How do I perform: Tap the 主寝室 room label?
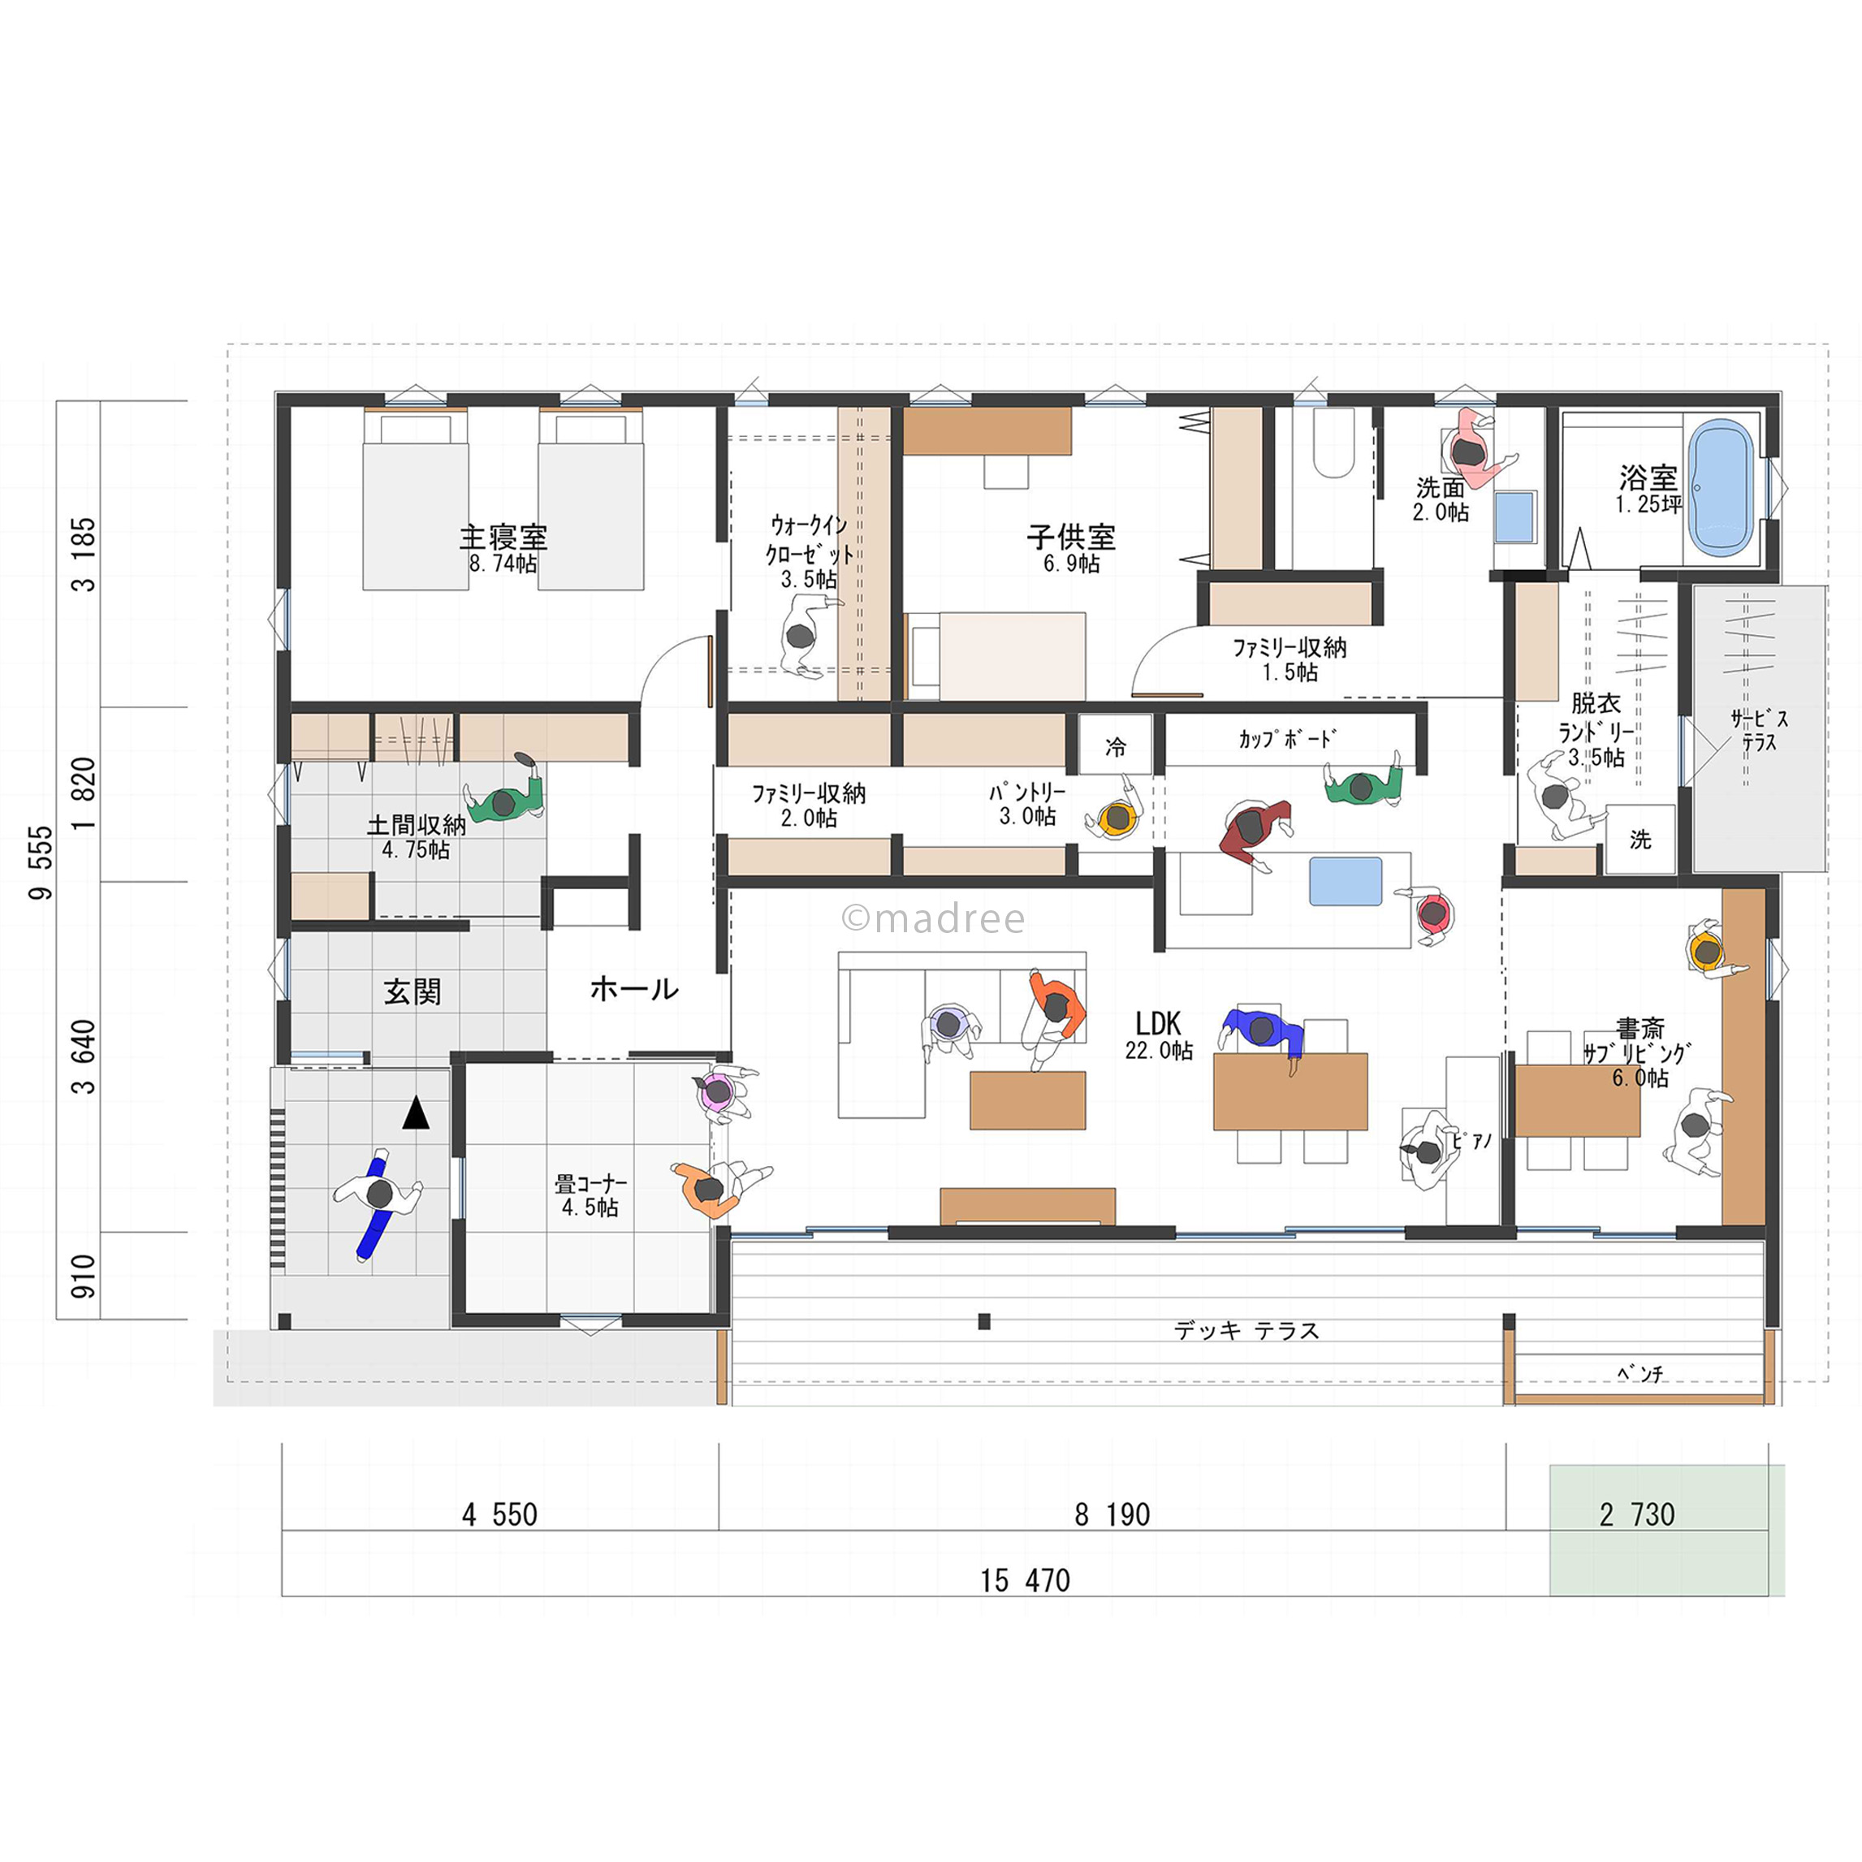(503, 537)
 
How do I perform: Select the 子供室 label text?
(1071, 537)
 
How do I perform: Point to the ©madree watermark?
(933, 918)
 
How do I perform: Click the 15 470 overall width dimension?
(1026, 1580)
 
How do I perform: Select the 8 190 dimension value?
(1112, 1515)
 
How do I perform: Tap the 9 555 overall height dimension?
(41, 862)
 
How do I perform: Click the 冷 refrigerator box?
(1115, 744)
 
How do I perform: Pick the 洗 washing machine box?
(1640, 840)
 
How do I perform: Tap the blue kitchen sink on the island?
(1346, 882)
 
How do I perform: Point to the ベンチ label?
(1640, 1373)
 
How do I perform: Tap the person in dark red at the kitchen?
(1254, 832)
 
